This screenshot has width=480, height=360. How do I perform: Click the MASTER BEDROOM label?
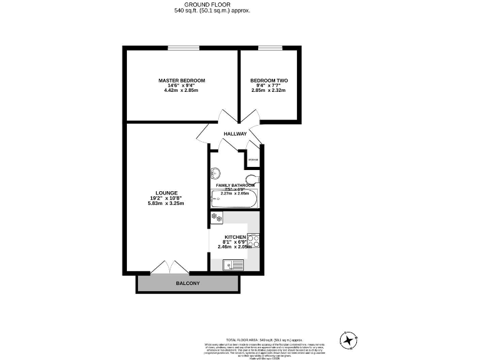tap(181, 81)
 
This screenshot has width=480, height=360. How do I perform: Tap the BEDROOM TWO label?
tap(269, 81)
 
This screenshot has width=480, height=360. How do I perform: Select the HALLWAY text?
tap(236, 134)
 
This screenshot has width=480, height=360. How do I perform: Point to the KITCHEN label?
tap(235, 237)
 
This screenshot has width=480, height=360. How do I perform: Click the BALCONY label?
tap(187, 284)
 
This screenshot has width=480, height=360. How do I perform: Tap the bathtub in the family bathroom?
tap(233, 201)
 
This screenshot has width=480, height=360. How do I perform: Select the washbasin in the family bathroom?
tap(216, 173)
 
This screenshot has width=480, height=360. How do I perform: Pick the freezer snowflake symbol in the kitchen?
tap(216, 217)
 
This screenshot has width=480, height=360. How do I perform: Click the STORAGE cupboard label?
tap(253, 160)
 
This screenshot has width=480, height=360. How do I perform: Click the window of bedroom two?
tap(269, 47)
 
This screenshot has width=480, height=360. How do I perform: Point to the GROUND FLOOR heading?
tap(212, 4)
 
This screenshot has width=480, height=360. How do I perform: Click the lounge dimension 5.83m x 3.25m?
tap(166, 203)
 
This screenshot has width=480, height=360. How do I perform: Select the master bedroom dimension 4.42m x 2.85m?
tap(181, 91)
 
